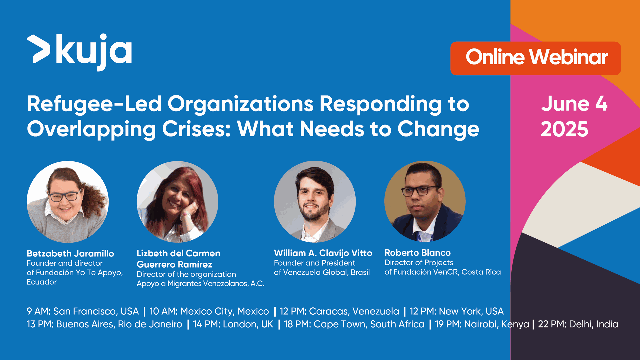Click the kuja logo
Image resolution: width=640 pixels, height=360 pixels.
pyautogui.click(x=79, y=52)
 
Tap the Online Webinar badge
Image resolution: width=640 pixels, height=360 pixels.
pyautogui.click(x=535, y=58)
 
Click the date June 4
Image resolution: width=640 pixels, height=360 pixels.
pyautogui.click(x=574, y=104)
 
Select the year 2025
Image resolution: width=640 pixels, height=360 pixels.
pyautogui.click(x=564, y=129)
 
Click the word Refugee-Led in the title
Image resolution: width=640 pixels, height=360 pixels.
pyautogui.click(x=94, y=104)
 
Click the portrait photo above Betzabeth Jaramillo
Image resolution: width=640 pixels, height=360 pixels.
pyautogui.click(x=68, y=202)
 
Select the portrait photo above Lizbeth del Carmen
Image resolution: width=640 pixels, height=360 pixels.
pyautogui.click(x=177, y=202)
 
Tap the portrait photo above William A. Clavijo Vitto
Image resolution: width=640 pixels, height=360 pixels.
pyautogui.click(x=315, y=202)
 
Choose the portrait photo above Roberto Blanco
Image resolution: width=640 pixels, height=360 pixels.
pyautogui.click(x=425, y=201)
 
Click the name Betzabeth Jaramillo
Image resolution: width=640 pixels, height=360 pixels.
pyautogui.click(x=70, y=253)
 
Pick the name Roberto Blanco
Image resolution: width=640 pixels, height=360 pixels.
pyautogui.click(x=417, y=253)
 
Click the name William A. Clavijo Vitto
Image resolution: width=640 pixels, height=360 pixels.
pyautogui.click(x=323, y=253)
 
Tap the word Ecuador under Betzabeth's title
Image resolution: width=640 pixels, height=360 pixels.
pyautogui.click(x=42, y=282)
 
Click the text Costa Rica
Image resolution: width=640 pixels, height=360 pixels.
pyautogui.click(x=481, y=272)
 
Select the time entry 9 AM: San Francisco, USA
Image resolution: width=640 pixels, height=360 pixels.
pyautogui.click(x=83, y=311)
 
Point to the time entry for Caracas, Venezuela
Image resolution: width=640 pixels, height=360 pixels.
pyautogui.click(x=339, y=311)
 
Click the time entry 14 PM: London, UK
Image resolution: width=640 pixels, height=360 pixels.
pyautogui.click(x=233, y=324)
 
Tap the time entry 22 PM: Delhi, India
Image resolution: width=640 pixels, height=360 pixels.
pyautogui.click(x=578, y=324)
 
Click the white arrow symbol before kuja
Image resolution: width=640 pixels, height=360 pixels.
pyautogui.click(x=38, y=49)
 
